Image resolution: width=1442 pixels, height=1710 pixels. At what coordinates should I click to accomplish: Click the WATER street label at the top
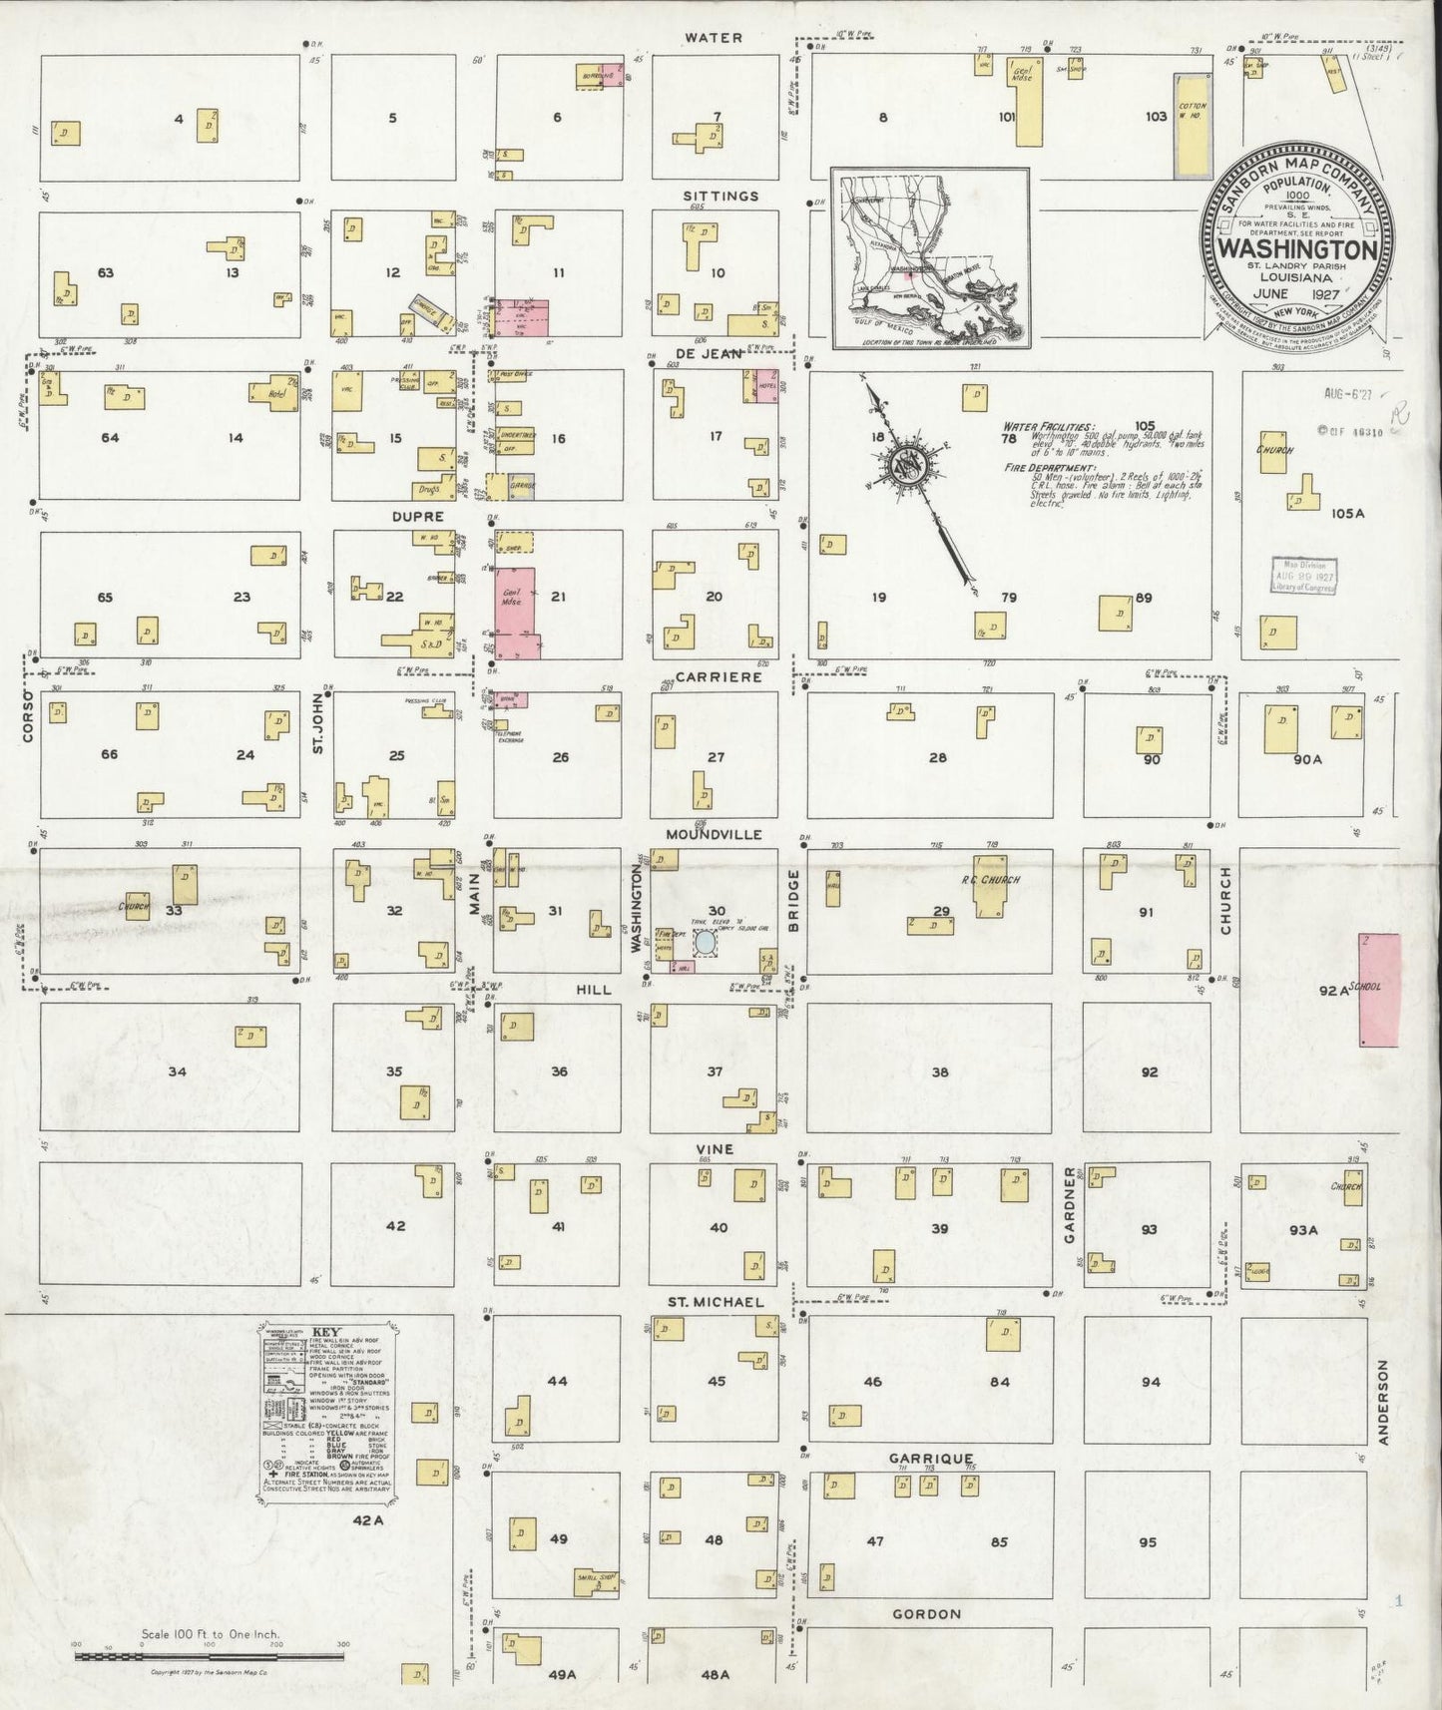[x=713, y=38]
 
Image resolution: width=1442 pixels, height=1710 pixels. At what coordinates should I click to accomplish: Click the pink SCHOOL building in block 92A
[x=1380, y=989]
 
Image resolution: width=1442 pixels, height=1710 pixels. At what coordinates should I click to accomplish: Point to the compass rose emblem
[x=909, y=465]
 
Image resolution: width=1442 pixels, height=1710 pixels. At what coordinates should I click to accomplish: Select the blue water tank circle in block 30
[x=705, y=941]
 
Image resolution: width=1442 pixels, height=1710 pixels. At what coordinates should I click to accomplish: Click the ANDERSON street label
[x=1383, y=1402]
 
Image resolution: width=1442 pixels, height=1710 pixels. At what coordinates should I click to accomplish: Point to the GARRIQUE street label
[x=930, y=1458]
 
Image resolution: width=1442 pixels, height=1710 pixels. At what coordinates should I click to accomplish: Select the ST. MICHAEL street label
[x=716, y=1302]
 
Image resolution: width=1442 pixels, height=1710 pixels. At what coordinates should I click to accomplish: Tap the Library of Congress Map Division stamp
[x=1303, y=576]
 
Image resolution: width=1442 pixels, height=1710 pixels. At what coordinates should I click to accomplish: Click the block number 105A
[x=1346, y=513]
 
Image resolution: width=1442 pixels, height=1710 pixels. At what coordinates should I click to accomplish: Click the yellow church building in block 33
[x=137, y=904]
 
